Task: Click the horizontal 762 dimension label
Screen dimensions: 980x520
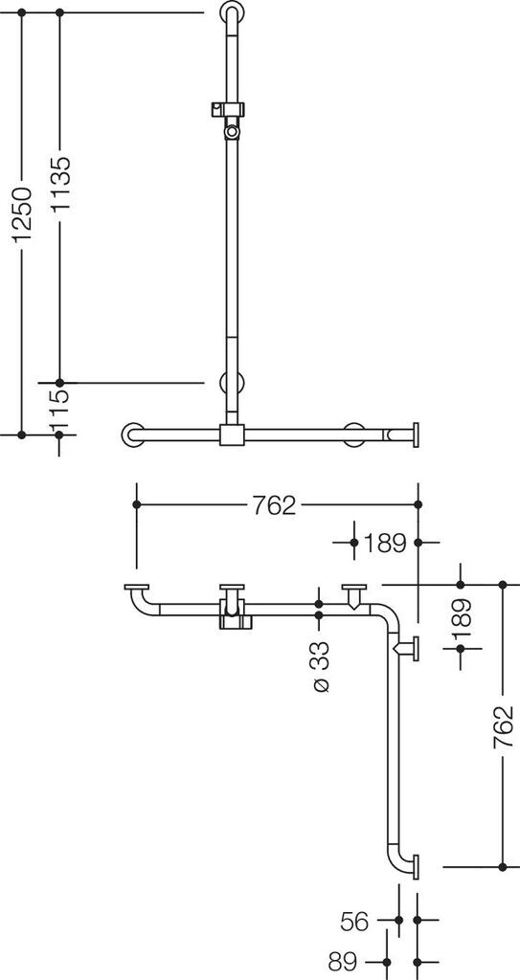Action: pos(275,505)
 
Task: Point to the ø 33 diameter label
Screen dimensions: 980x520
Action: pos(320,667)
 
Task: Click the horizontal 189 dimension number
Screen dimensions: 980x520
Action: pos(385,544)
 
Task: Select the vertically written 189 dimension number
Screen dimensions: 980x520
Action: pos(462,623)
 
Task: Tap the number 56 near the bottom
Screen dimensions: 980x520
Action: pos(356,923)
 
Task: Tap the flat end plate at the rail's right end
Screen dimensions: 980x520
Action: pos(416,434)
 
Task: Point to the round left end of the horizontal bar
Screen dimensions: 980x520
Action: pos(131,434)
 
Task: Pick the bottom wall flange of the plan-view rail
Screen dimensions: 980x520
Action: pos(416,866)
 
